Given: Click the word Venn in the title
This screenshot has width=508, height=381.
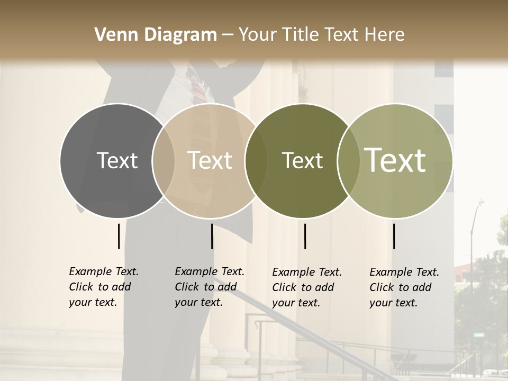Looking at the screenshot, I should (x=112, y=35).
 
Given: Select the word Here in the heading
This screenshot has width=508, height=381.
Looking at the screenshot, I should (x=385, y=35).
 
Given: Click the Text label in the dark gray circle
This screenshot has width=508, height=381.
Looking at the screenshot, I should (x=117, y=160).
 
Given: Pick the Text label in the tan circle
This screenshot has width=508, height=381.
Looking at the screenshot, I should (x=210, y=160).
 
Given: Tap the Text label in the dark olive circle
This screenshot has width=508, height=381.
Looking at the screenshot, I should (x=302, y=160).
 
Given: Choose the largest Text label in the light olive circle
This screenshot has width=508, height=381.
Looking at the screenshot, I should (x=395, y=160).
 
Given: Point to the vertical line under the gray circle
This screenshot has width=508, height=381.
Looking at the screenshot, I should (x=119, y=236).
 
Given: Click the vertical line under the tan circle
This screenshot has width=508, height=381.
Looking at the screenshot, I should (x=212, y=236).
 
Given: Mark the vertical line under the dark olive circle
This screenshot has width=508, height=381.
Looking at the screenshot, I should (x=305, y=236).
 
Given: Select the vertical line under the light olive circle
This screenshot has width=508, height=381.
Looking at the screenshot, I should (x=394, y=236).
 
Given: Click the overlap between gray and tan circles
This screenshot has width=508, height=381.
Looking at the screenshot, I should (x=163, y=160).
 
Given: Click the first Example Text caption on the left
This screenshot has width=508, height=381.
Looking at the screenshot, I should (x=103, y=287).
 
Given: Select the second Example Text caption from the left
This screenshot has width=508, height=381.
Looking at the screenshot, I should (x=209, y=287).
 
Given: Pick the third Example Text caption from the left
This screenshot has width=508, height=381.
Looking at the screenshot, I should (x=306, y=287).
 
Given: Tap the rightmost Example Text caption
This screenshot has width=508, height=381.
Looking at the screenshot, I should (x=404, y=287).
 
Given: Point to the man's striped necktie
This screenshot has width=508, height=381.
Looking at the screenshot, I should (x=197, y=90).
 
